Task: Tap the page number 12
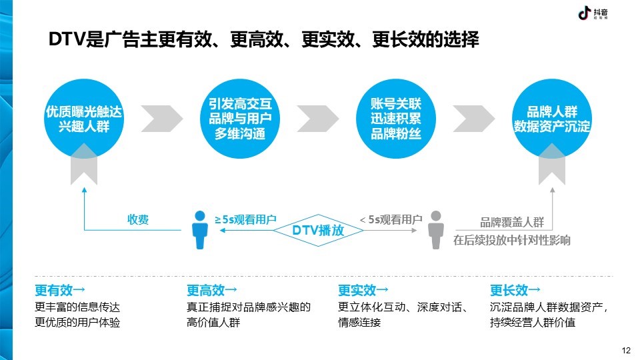626,350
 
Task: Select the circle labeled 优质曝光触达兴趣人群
84,119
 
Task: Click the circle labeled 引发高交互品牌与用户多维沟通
240,119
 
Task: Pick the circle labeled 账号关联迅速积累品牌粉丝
396,119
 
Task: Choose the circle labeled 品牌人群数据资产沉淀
552,119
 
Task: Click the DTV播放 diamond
319,230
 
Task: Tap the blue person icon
199,230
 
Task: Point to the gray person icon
436,230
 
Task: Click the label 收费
138,219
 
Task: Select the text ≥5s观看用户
246,219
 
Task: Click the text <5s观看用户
391,219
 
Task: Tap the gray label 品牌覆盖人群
512,223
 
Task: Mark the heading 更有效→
60,290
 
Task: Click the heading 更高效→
212,290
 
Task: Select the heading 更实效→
363,290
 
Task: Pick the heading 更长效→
515,290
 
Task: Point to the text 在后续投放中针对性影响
512,240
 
